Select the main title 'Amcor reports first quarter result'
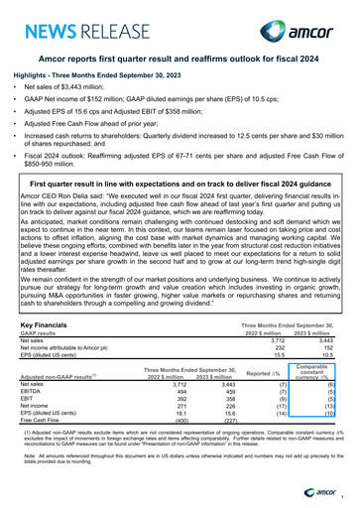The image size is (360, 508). point(180,62)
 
